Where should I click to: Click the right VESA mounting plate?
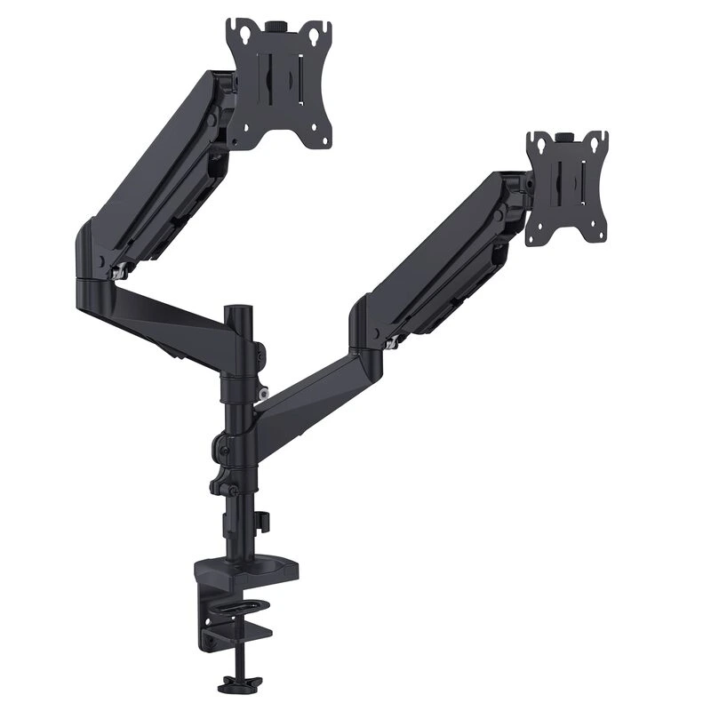[x=566, y=188]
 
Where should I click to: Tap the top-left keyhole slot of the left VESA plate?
[x=237, y=32]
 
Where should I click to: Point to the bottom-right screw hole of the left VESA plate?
[x=323, y=138]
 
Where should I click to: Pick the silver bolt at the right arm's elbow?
[x=391, y=341]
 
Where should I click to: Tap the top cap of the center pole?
[x=236, y=311]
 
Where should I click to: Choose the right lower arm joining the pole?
[x=311, y=395]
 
